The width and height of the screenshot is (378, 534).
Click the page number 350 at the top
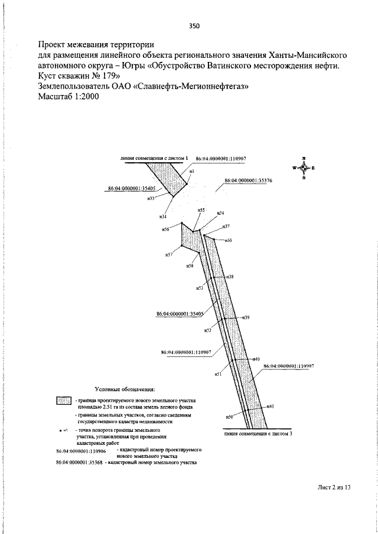click(x=194, y=25)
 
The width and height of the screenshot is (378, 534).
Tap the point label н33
click(x=151, y=198)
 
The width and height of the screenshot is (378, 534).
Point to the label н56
click(x=166, y=228)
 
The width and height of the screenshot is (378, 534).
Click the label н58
click(x=190, y=266)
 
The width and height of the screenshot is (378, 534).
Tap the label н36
click(x=227, y=240)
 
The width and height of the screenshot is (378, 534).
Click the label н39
click(x=246, y=317)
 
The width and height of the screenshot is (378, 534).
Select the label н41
click(x=270, y=407)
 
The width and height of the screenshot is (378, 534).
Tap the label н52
click(x=207, y=330)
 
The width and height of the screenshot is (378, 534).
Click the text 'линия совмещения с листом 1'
click(x=153, y=158)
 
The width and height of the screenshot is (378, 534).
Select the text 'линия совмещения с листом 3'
click(x=258, y=434)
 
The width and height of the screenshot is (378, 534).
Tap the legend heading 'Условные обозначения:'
click(x=125, y=389)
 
